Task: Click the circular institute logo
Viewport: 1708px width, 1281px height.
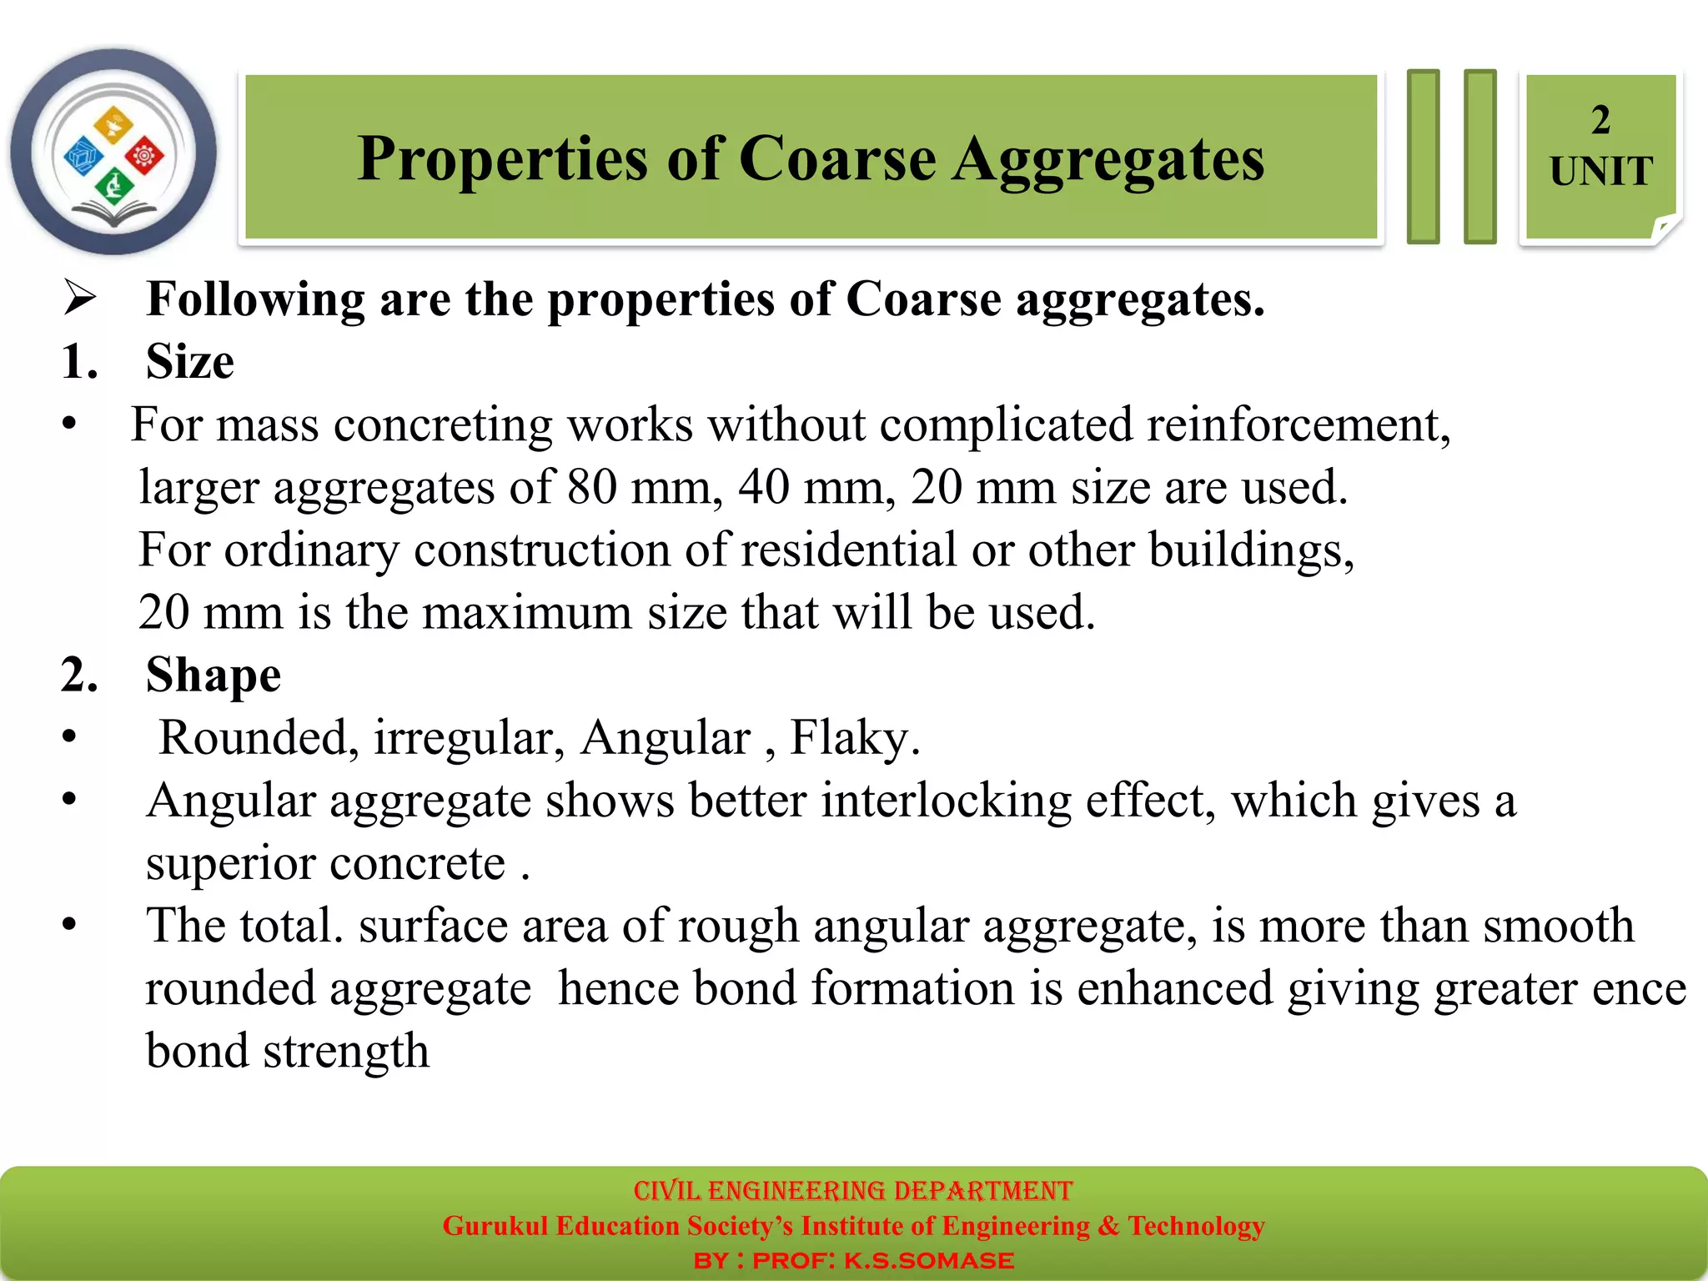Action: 113,152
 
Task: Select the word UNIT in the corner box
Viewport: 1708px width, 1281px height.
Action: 1600,172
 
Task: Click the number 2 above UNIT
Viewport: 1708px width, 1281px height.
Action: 1600,120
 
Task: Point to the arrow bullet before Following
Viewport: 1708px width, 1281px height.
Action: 80,299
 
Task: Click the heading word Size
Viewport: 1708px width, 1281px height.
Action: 190,362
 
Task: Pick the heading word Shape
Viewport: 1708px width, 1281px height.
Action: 213,675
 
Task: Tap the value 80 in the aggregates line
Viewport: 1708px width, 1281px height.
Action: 591,487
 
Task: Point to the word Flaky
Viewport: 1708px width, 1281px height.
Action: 854,738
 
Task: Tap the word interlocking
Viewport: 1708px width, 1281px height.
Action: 946,801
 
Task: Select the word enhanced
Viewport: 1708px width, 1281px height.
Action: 1174,988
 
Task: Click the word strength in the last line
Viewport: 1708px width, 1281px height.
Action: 346,1051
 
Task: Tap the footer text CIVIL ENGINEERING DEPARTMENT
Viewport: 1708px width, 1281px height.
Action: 852,1190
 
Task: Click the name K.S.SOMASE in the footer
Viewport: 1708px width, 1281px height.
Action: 928,1260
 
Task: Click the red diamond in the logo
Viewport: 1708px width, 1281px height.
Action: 145,155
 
